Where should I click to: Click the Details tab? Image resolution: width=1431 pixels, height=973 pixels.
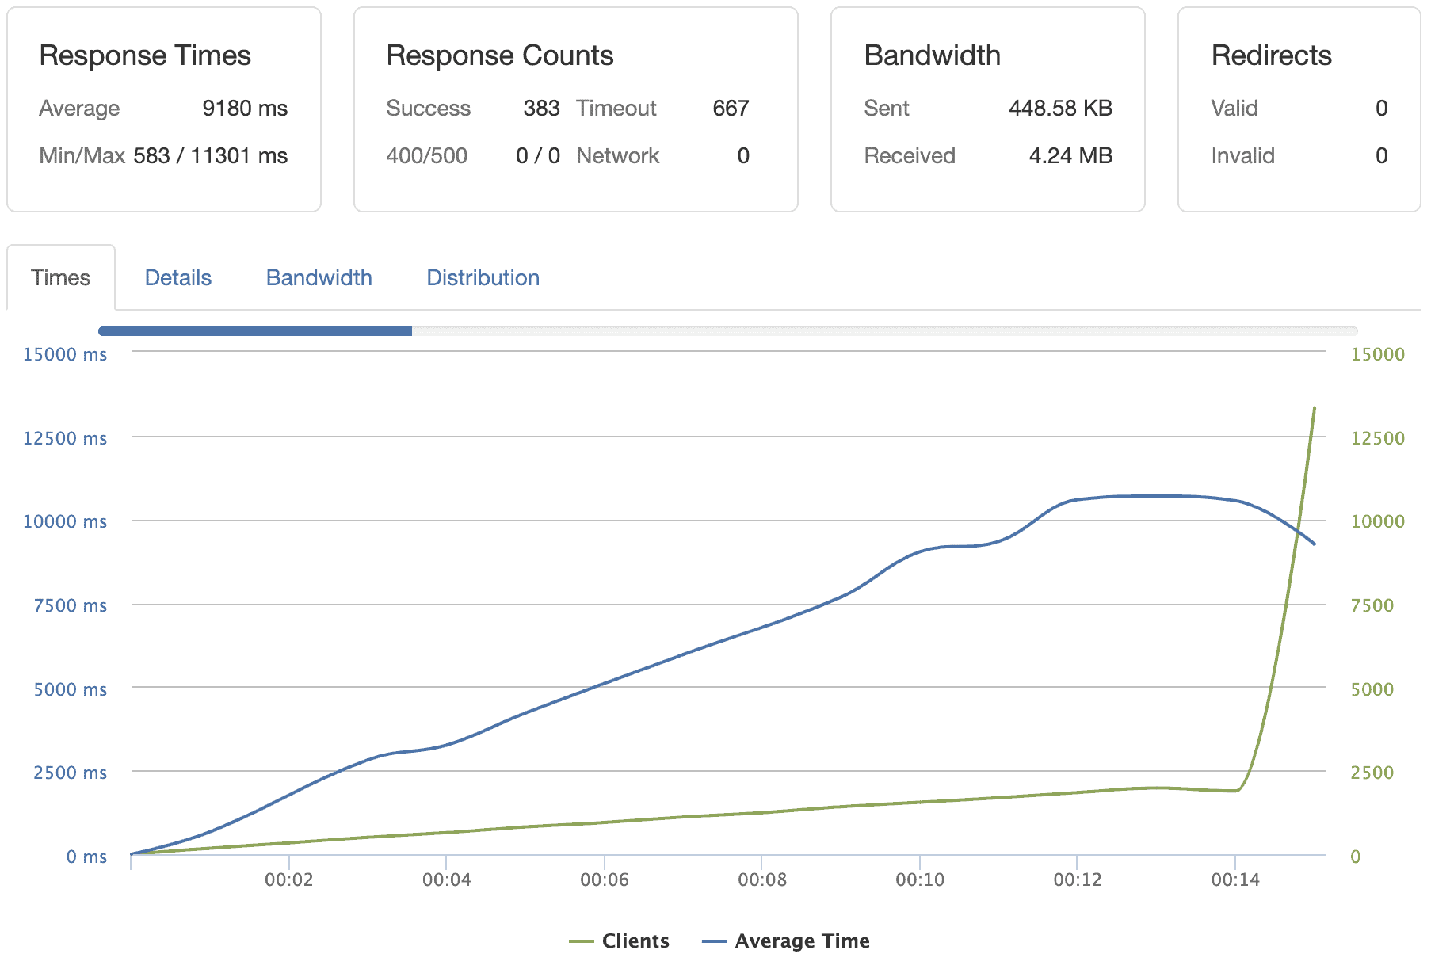[x=178, y=278]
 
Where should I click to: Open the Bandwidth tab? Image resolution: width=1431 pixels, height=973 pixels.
[x=319, y=278]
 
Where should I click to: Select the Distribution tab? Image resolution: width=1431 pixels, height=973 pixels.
[x=483, y=278]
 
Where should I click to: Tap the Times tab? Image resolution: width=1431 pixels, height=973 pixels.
[x=60, y=278]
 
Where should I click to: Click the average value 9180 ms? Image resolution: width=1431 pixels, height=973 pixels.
[x=245, y=109]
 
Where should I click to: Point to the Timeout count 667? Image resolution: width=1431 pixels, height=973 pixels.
[x=731, y=109]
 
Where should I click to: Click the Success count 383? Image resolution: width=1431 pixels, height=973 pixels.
[x=541, y=109]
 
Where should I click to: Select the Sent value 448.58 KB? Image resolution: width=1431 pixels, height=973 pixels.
[x=1060, y=109]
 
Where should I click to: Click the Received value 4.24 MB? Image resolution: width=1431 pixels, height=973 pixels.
[x=1070, y=156]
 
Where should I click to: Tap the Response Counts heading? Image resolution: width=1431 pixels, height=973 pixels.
[x=499, y=56]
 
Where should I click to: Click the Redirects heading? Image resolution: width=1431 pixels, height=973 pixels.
[x=1271, y=56]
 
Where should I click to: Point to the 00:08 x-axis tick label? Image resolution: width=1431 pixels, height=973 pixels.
[x=761, y=880]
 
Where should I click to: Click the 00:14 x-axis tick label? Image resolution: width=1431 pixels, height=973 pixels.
[x=1234, y=880]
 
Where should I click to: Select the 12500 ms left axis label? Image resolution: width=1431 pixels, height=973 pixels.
[x=65, y=439]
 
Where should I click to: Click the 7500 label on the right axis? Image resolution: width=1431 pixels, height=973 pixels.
[x=1372, y=606]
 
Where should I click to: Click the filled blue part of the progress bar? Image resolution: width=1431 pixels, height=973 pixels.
[x=255, y=331]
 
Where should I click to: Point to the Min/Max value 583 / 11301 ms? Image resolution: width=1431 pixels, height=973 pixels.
[x=210, y=156]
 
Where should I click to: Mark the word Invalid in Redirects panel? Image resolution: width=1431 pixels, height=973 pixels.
[x=1242, y=156]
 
